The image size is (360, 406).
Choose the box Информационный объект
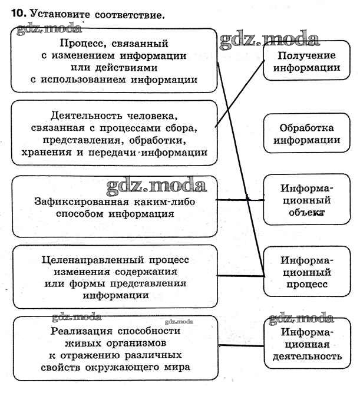pos(306,200)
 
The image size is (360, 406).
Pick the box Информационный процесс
pos(306,272)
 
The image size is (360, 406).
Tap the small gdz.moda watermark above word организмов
pos(180,322)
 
